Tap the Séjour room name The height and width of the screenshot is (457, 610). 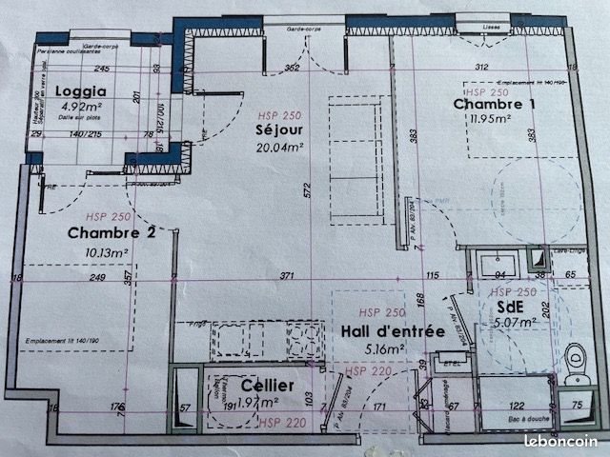coord(279,130)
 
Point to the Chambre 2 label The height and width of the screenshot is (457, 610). coord(112,232)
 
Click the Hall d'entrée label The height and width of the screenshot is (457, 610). coord(393,331)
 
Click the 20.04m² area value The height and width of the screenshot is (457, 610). coord(280,147)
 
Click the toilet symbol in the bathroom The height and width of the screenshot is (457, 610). coord(573,361)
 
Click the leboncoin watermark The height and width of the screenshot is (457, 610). coord(562,441)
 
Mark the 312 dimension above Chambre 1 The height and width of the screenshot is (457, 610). coord(481,67)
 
